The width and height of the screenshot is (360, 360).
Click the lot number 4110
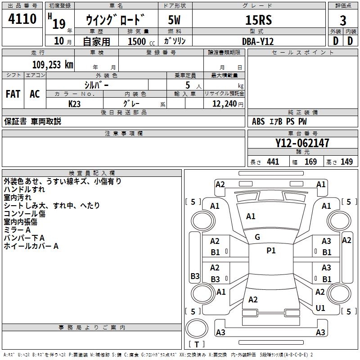[x=22, y=19]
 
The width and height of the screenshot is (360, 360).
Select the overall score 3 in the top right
[x=343, y=20]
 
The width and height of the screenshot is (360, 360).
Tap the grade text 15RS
[x=258, y=20]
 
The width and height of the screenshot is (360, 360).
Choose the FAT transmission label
[x=13, y=94]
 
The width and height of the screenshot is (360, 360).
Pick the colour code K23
[x=75, y=103]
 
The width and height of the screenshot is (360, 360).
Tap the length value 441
[x=273, y=162]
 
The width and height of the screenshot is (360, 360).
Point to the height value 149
[x=346, y=162]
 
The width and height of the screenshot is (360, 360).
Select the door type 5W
[x=174, y=20]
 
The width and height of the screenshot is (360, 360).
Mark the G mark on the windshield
[x=257, y=237]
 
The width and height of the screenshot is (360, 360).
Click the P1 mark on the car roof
[x=271, y=251]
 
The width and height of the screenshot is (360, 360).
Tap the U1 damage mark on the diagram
[x=320, y=308]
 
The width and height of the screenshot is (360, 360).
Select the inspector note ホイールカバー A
[x=31, y=246]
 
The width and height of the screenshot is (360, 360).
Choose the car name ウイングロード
[x=116, y=20]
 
